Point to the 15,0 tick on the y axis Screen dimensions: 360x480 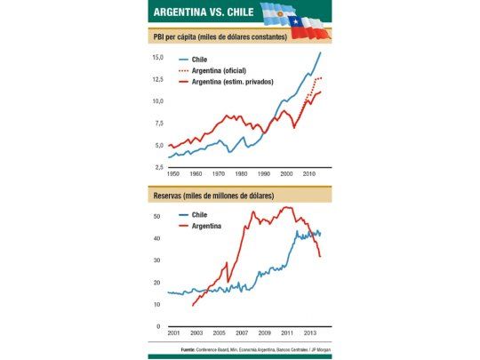coord(157,57)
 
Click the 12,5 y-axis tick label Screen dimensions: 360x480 coord(157,79)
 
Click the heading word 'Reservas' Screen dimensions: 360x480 coord(172,195)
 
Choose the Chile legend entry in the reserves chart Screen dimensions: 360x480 coord(199,215)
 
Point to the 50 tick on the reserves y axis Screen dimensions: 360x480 coord(157,217)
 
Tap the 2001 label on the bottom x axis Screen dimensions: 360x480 coord(160,332)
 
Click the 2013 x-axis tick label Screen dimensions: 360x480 coord(307,332)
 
